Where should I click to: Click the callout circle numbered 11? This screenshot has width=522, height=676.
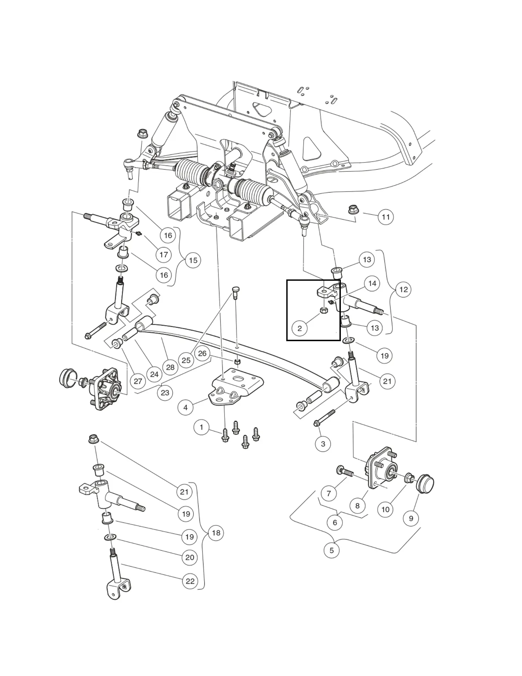(x=386, y=217)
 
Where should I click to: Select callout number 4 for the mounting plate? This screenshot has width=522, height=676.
(x=185, y=408)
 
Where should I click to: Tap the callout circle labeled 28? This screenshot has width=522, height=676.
(x=170, y=367)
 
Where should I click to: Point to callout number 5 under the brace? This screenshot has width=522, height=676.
(x=331, y=550)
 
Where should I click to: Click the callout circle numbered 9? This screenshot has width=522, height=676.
(x=411, y=518)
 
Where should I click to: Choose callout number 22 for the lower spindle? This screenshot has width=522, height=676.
(x=190, y=581)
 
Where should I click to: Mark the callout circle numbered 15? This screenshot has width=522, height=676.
(x=193, y=260)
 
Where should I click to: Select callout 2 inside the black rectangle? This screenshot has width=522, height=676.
(x=300, y=328)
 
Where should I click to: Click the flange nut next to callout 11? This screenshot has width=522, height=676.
(x=352, y=209)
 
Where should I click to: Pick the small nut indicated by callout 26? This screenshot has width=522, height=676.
(x=237, y=362)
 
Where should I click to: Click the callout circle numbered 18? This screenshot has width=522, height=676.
(x=216, y=533)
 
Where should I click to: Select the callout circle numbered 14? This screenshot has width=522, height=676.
(x=372, y=283)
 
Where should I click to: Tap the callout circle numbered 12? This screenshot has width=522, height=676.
(x=403, y=289)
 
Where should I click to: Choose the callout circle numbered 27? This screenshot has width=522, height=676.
(x=138, y=381)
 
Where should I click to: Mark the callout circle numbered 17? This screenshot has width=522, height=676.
(x=164, y=255)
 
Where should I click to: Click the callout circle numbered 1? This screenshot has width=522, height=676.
(x=201, y=428)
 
